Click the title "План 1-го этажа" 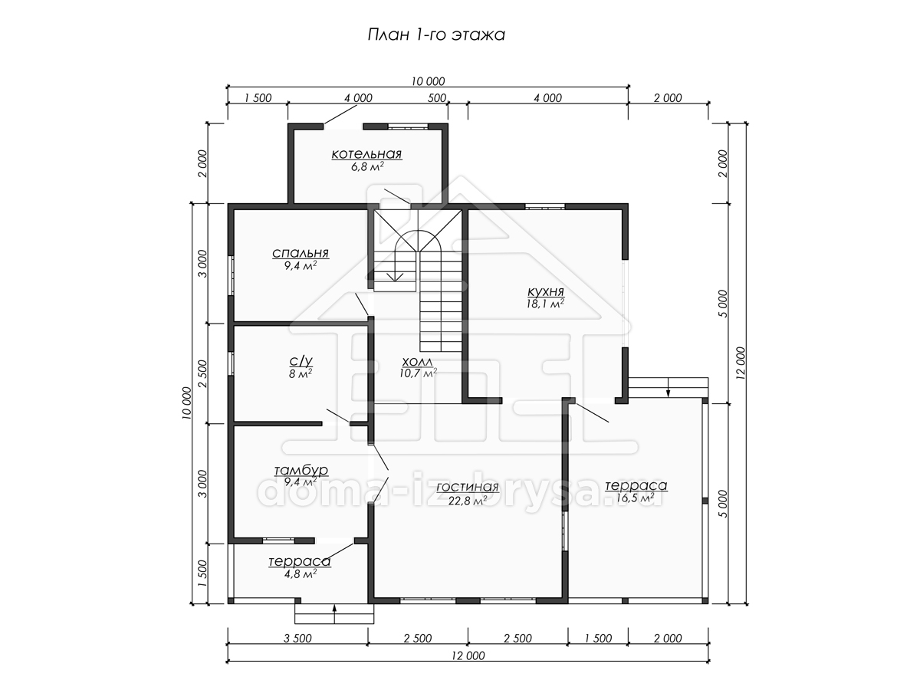(x=436, y=34)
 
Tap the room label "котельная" (x=366, y=154)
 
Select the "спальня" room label (x=301, y=253)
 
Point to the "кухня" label (x=545, y=291)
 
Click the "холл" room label (x=418, y=361)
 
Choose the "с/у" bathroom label (x=301, y=360)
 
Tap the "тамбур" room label (x=301, y=470)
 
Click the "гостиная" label (x=468, y=487)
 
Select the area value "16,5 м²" (x=636, y=498)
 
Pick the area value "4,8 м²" (x=300, y=573)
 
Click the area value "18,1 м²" (x=545, y=304)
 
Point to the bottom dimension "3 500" (x=297, y=639)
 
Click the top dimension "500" (x=437, y=98)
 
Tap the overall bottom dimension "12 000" (x=468, y=655)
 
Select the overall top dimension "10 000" (x=428, y=81)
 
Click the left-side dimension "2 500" (x=202, y=373)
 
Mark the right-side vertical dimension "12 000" (x=741, y=363)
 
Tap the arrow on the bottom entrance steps (x=334, y=614)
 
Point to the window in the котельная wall (x=408, y=126)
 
